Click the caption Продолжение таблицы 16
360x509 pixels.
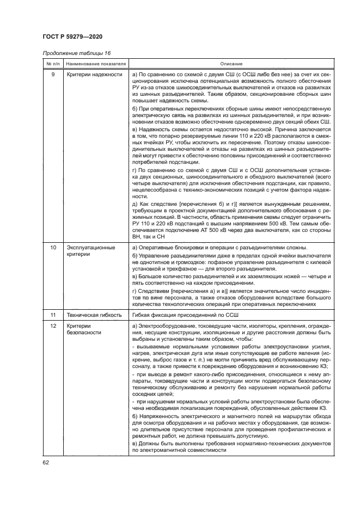73,53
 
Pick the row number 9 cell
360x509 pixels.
52,75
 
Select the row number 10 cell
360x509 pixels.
52,248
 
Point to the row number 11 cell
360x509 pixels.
52,315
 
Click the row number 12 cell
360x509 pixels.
52,326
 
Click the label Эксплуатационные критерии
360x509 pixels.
90,251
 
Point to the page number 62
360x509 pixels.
45,463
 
